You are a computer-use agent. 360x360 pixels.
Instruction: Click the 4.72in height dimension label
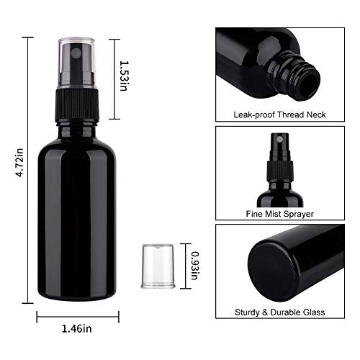pyautogui.click(x=19, y=165)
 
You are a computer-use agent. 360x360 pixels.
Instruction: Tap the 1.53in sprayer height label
pyautogui.click(x=124, y=75)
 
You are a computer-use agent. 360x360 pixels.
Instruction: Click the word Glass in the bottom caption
pyautogui.click(x=314, y=312)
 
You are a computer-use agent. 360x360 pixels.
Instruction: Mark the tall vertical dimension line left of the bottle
pyautogui.click(x=30, y=165)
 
